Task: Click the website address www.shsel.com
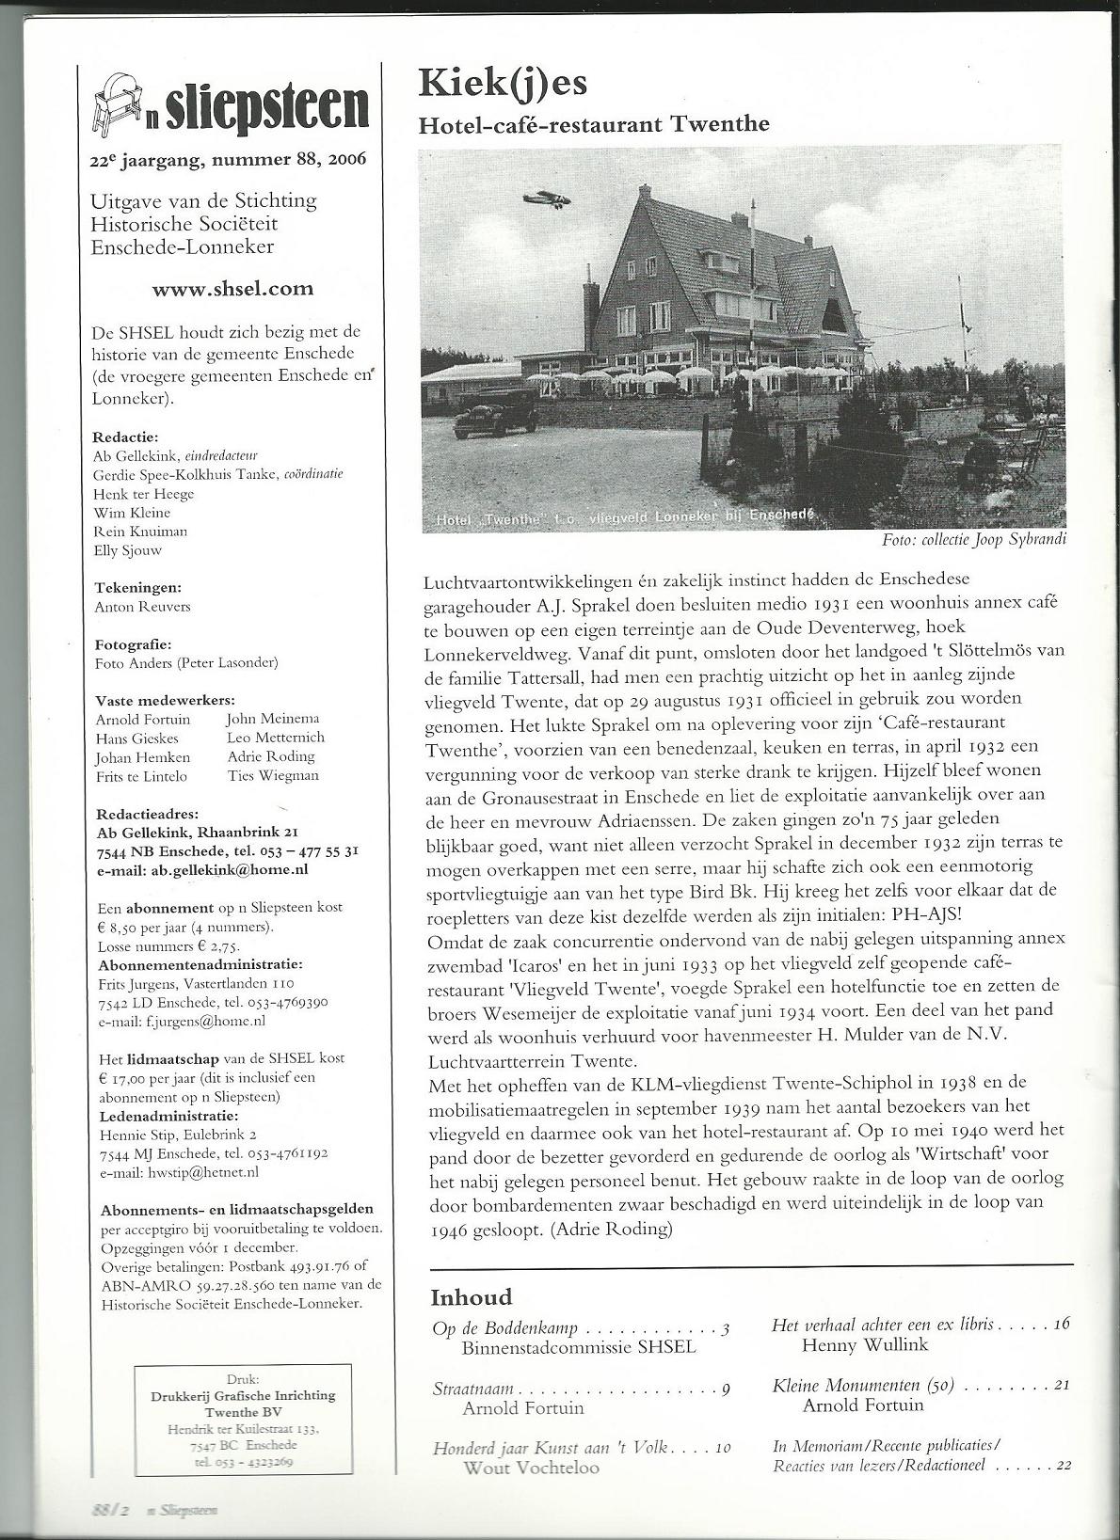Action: tap(232, 290)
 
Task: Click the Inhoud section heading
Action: tap(471, 1297)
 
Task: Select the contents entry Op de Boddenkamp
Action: tap(504, 1329)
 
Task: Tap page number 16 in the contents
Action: tap(1063, 1324)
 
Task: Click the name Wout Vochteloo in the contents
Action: tap(531, 1468)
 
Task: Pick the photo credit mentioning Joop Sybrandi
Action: tap(973, 541)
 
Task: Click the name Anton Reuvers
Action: tap(142, 607)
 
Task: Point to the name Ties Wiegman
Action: tap(273, 776)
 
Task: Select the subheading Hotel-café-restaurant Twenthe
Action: tap(594, 124)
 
